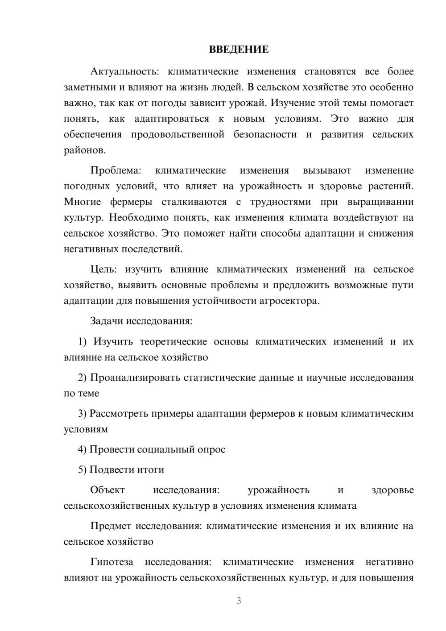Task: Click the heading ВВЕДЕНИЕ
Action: (239, 50)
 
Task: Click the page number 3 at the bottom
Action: (239, 601)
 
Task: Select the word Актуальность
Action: (118, 71)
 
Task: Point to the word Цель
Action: (103, 270)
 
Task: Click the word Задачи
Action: (107, 321)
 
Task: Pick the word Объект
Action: (107, 490)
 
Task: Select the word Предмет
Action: (111, 526)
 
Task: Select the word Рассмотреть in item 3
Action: (119, 413)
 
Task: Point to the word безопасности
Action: (265, 134)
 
